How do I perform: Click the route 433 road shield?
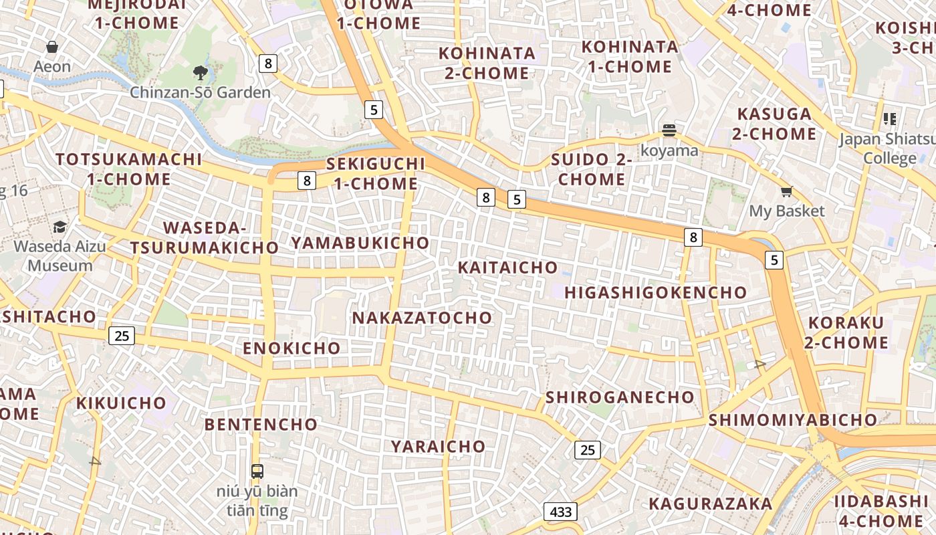(x=560, y=512)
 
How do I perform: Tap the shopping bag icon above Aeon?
(x=52, y=47)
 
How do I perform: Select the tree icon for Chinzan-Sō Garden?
(x=200, y=73)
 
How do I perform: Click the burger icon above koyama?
(x=669, y=130)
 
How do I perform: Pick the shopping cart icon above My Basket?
(x=787, y=192)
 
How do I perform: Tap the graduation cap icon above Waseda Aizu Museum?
(x=60, y=227)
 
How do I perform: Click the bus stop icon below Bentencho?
(x=257, y=471)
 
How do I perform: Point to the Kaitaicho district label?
(x=507, y=267)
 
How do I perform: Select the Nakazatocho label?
(x=422, y=318)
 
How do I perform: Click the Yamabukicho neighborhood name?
(x=360, y=243)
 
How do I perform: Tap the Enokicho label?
(x=291, y=348)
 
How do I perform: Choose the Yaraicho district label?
(x=438, y=446)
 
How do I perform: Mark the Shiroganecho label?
(x=620, y=397)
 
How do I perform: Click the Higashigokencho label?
(x=655, y=292)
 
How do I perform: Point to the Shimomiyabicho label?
(x=792, y=420)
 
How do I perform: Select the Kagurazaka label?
(x=711, y=504)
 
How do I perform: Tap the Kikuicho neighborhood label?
(x=121, y=403)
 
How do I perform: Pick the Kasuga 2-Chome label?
(x=774, y=124)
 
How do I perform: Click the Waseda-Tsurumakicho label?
(x=204, y=237)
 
